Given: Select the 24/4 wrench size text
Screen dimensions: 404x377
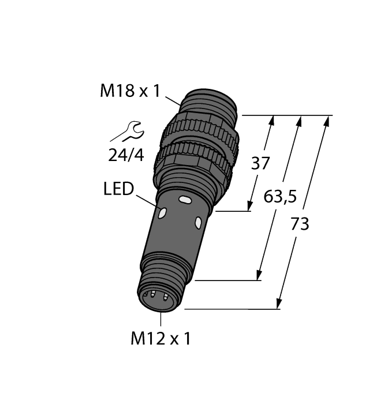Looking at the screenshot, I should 127,155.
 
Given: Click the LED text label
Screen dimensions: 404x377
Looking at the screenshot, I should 118,189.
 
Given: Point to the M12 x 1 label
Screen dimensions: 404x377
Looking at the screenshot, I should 160,339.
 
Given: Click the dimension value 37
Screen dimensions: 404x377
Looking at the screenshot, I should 260,163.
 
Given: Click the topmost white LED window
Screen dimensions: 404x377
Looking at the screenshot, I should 185,200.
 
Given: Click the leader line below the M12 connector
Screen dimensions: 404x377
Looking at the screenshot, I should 160,319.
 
